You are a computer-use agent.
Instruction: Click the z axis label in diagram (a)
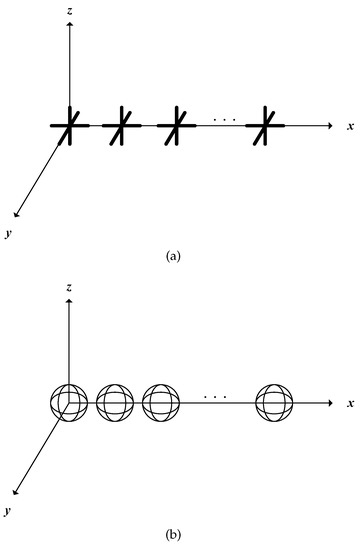click(x=69, y=10)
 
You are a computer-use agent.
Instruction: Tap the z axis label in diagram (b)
click(x=69, y=287)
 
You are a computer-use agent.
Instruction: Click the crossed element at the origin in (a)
click(x=69, y=126)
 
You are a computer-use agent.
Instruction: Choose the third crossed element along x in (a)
click(x=175, y=126)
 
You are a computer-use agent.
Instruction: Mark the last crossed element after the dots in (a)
click(x=265, y=126)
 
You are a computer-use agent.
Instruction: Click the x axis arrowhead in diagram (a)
click(x=328, y=126)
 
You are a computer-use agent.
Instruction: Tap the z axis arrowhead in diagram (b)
click(x=69, y=301)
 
